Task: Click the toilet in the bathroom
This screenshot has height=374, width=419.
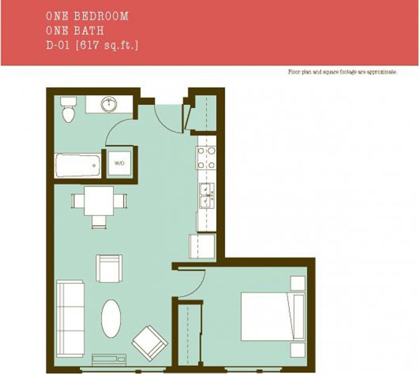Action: (x=67, y=109)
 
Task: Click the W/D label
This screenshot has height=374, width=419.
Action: (x=119, y=163)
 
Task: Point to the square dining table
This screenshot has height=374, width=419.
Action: (x=99, y=201)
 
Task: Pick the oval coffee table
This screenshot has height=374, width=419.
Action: (x=111, y=318)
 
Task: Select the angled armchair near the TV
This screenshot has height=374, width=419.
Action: (x=150, y=341)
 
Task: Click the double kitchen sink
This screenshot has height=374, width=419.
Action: (x=207, y=196)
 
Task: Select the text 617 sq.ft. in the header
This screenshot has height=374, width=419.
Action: (x=108, y=46)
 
